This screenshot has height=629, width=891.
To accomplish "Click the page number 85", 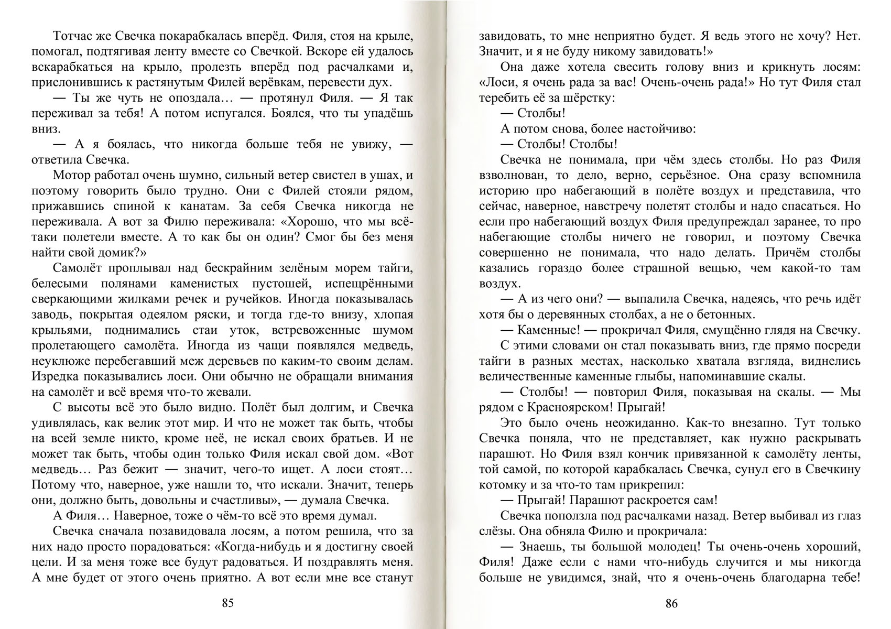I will [227, 603].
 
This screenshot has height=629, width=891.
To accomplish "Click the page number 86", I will [671, 603].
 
